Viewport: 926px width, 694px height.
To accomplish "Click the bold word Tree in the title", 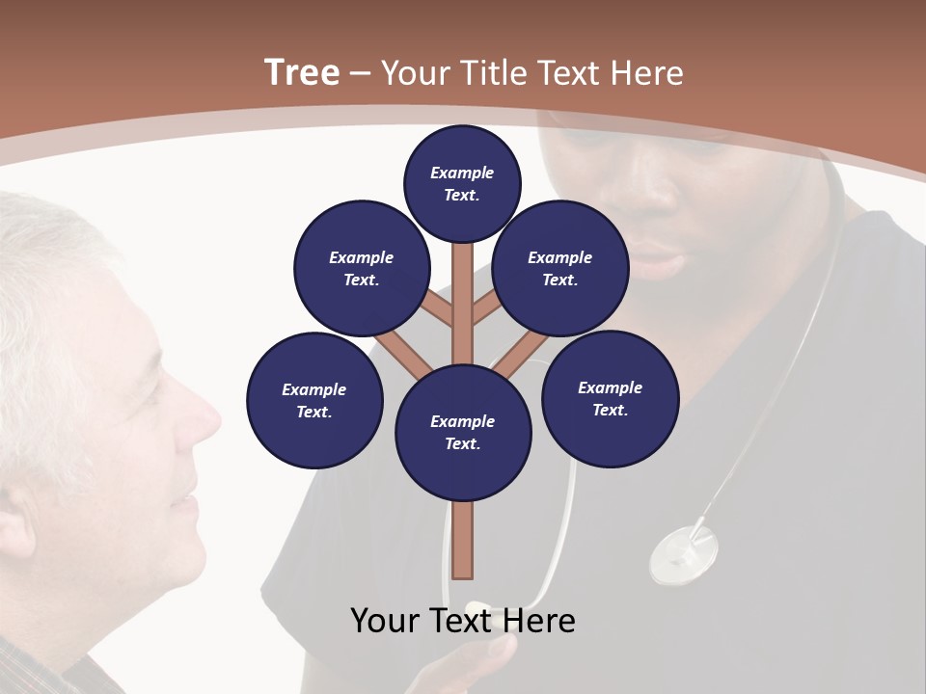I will pyautogui.click(x=302, y=73).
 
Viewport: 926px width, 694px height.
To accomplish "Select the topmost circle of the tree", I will pyautogui.click(x=462, y=183).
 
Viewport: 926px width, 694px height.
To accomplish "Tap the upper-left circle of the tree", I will pyautogui.click(x=362, y=269).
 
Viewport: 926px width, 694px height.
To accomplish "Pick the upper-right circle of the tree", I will pyautogui.click(x=560, y=269).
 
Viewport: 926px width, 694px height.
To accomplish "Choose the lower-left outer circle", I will pyautogui.click(x=314, y=401).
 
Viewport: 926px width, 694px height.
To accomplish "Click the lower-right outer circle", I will pyautogui.click(x=611, y=399).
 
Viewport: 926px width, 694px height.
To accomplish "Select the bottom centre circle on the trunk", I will pyautogui.click(x=463, y=433).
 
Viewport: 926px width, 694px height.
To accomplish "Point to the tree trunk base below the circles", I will pyautogui.click(x=463, y=540).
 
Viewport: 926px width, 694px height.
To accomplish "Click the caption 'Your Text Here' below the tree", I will pyautogui.click(x=463, y=621).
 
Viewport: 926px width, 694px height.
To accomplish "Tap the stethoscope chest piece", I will pyautogui.click(x=684, y=555).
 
